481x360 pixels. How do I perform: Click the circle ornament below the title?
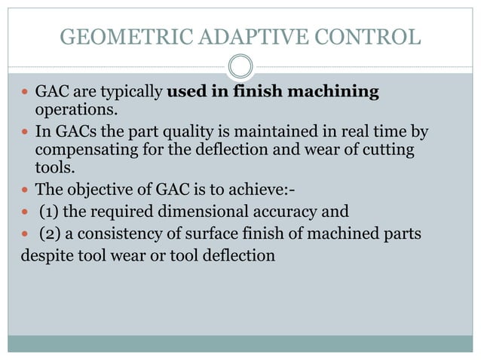click(x=240, y=68)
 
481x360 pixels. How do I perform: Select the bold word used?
click(x=185, y=93)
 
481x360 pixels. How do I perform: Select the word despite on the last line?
click(x=44, y=255)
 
